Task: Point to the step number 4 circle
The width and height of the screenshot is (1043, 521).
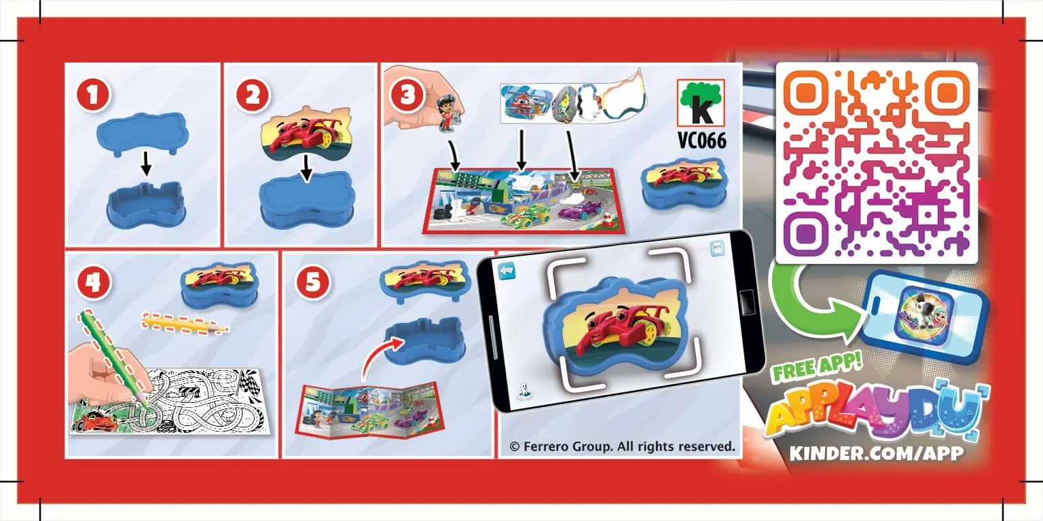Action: [x=93, y=282]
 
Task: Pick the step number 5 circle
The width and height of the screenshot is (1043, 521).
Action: [x=312, y=282]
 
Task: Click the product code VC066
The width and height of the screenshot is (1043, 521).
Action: [x=701, y=140]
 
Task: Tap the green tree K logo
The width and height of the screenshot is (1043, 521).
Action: [x=701, y=102]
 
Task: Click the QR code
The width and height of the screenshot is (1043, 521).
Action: [x=876, y=163]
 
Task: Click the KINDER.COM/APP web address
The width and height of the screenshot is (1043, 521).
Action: [x=876, y=453]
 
